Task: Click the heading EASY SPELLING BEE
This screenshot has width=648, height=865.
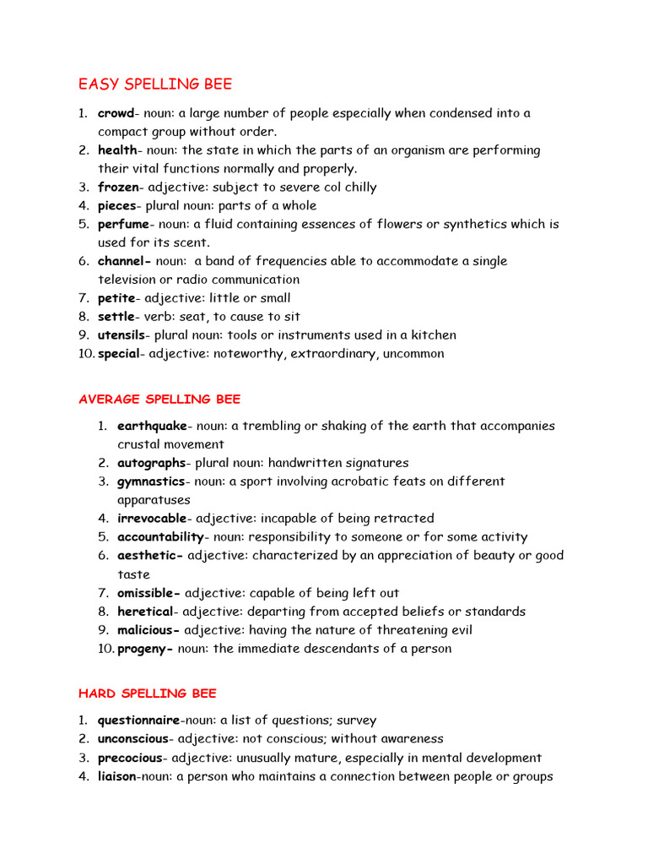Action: [155, 84]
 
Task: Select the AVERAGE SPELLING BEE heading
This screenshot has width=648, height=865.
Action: [159, 399]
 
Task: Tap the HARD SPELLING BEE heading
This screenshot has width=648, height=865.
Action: [148, 694]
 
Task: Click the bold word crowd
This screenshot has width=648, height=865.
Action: [116, 113]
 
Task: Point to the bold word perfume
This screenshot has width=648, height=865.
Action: [123, 225]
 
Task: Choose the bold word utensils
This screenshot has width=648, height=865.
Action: [121, 335]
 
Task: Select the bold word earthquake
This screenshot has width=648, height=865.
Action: [152, 427]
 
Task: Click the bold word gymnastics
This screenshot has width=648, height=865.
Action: [151, 481]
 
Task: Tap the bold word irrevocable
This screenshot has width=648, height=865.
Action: [152, 519]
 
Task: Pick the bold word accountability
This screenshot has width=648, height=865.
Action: [160, 537]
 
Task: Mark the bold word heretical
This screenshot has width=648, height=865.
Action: [146, 612]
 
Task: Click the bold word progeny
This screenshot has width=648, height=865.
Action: [144, 649]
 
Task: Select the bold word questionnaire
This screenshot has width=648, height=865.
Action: [139, 721]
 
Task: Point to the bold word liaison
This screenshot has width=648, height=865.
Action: [116, 776]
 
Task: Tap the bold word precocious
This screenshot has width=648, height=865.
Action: [129, 758]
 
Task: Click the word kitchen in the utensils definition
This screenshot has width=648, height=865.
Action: [432, 335]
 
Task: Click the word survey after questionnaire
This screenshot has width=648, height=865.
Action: [356, 721]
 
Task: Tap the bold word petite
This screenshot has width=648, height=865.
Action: [116, 298]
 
